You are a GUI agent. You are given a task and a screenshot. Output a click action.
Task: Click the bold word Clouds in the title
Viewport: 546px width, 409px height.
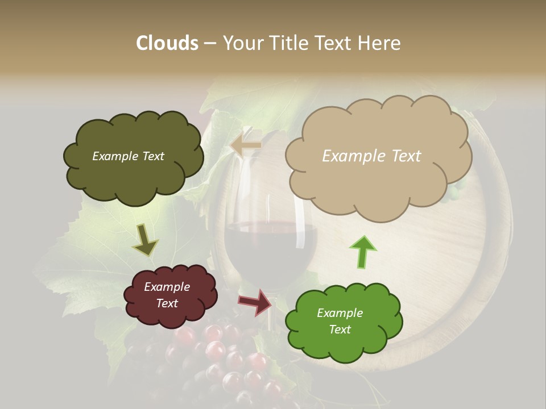tap(167, 43)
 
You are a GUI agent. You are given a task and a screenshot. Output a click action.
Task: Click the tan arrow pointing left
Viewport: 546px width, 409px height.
tap(246, 145)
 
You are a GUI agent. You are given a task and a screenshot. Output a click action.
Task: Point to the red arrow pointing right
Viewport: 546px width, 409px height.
tap(255, 302)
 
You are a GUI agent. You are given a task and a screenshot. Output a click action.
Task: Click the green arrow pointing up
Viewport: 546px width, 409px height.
tap(362, 252)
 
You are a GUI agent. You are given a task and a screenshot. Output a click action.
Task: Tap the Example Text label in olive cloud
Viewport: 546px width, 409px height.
tap(128, 156)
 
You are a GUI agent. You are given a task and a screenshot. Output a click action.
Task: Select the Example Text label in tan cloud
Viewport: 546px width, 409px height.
tap(371, 156)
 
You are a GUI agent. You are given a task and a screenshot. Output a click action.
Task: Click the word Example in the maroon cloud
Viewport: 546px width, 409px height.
tap(167, 287)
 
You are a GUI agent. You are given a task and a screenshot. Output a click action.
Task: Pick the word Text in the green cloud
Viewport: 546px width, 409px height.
tap(340, 329)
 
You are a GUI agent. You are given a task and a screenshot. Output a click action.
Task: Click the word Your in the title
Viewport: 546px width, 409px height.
tap(242, 43)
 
